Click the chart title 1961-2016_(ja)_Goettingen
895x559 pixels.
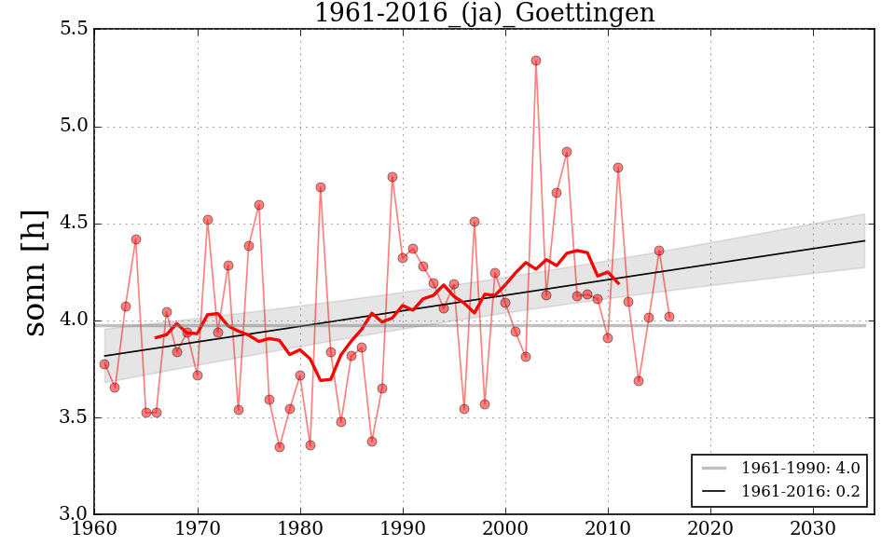[x=484, y=14]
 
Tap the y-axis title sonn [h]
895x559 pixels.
[x=35, y=272]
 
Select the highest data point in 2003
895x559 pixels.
[x=536, y=61]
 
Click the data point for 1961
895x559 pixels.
[x=104, y=364]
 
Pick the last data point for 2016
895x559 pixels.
[x=669, y=317]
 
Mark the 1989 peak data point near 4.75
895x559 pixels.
[x=392, y=177]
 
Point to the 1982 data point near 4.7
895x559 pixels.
[x=321, y=187]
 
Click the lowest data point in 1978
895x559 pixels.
[x=280, y=447]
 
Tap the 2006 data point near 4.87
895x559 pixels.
[x=567, y=152]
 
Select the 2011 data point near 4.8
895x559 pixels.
[x=618, y=168]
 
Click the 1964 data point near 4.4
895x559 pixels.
[x=136, y=239]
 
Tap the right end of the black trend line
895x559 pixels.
[x=865, y=240]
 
